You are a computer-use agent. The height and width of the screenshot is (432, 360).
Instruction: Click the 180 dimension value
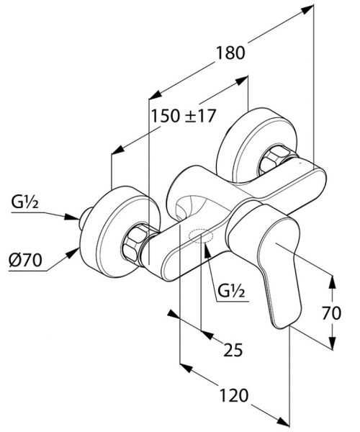click(230, 53)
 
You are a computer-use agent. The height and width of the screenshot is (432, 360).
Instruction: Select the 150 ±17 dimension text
click(183, 116)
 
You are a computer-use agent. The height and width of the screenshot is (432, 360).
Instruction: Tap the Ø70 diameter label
click(25, 260)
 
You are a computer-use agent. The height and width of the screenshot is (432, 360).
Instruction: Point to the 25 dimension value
click(233, 350)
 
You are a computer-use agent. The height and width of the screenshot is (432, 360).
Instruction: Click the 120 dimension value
click(233, 395)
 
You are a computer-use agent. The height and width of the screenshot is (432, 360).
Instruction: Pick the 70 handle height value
click(331, 313)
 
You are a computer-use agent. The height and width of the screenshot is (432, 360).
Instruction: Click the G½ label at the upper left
click(24, 202)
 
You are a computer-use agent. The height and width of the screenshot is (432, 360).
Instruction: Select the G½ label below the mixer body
click(231, 291)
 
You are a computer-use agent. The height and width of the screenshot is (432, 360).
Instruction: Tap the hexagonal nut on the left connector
click(135, 243)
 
